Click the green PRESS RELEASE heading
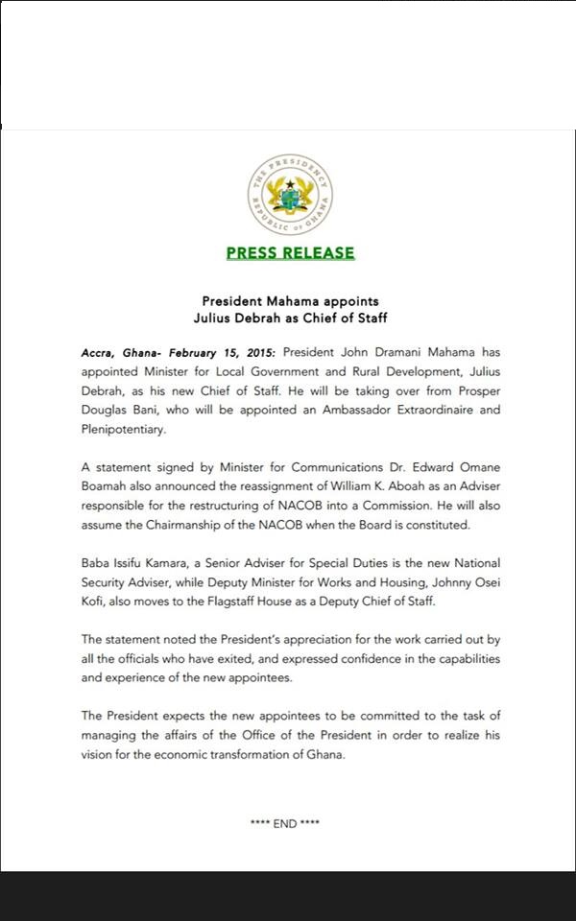(290, 253)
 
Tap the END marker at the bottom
(285, 824)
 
